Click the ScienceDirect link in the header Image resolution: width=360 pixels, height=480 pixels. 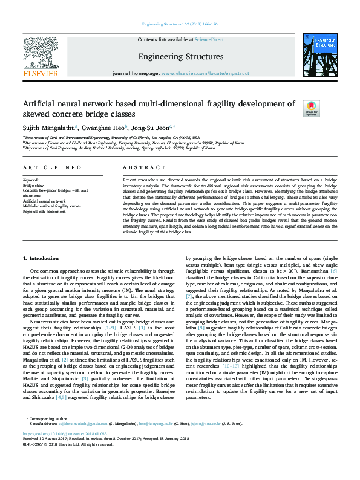coord(209,39)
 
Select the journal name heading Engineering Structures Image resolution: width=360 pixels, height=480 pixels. coord(181,57)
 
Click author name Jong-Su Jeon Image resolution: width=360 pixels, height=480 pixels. coord(152,128)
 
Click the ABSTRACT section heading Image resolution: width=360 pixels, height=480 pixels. coord(140,167)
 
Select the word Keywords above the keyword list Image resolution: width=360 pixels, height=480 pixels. coord(31,180)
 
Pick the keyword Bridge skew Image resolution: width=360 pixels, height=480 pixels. coord(34,185)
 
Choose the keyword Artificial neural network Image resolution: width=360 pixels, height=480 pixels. coord(44,200)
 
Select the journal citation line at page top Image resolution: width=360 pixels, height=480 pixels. coord(180,24)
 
